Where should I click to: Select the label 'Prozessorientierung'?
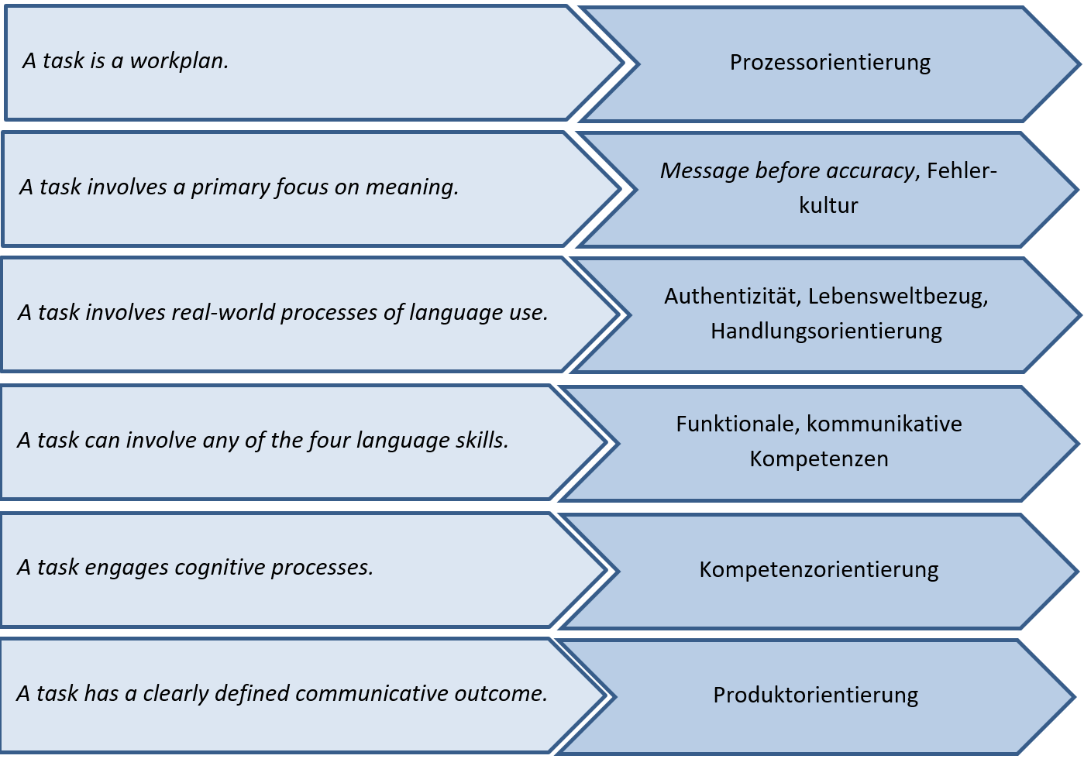[830, 63]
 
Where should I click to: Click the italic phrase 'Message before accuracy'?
[787, 170]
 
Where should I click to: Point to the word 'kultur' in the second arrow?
[828, 206]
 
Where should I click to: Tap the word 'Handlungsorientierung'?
[826, 331]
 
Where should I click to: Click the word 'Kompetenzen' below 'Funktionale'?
[818, 459]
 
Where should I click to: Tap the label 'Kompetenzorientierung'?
[818, 570]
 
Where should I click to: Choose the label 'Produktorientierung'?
[815, 695]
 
